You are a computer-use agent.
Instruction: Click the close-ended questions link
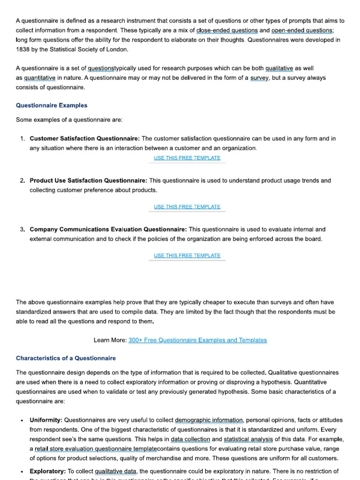227,30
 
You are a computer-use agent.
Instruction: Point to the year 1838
23,49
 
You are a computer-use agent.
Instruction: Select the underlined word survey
259,78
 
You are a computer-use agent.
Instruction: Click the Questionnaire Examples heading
52,105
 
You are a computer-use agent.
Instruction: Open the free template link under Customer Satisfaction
187,158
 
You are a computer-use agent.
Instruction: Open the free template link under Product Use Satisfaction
187,207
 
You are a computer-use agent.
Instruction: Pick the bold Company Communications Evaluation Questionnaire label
108,230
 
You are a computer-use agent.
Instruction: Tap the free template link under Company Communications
187,255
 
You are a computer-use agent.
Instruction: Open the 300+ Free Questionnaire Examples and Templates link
197,340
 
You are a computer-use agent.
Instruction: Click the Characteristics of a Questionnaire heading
66,358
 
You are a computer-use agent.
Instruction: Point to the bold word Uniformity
46,420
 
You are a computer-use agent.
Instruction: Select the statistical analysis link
248,439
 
